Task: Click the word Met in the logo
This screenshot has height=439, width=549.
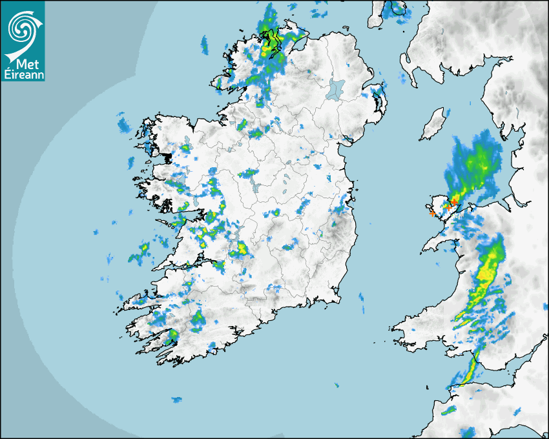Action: [23, 64]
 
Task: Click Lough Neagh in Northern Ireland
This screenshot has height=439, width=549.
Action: [337, 88]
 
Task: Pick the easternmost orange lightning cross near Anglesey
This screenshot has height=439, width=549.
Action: [455, 203]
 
